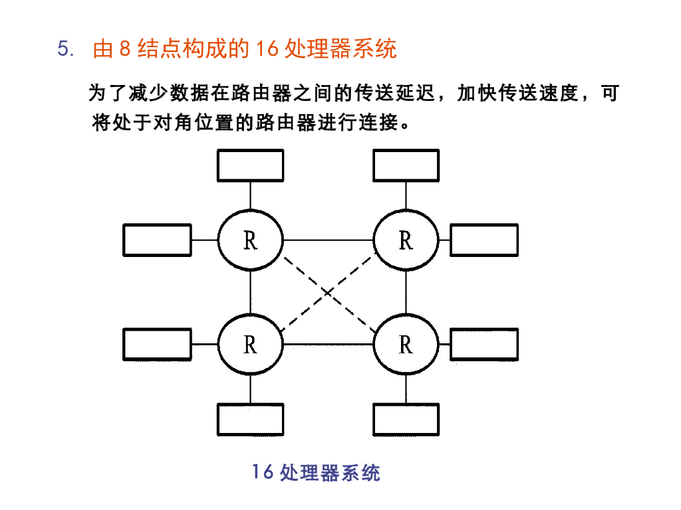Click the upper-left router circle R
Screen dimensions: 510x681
pyautogui.click(x=251, y=240)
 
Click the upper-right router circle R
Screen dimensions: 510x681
pyautogui.click(x=406, y=240)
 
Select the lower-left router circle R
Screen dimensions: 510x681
pyautogui.click(x=251, y=345)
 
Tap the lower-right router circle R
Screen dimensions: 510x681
pyautogui.click(x=406, y=345)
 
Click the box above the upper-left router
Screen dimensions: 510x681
pyautogui.click(x=251, y=165)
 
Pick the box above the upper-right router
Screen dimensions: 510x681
pyautogui.click(x=406, y=165)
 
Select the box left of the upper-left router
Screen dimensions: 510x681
pyautogui.click(x=157, y=240)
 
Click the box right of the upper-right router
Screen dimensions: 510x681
pyautogui.click(x=484, y=240)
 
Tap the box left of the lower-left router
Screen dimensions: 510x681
pyautogui.click(x=157, y=345)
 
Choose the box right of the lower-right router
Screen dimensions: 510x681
pyautogui.click(x=484, y=345)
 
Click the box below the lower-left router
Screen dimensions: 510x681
pyautogui.click(x=251, y=419)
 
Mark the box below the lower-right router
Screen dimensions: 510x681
pyautogui.click(x=406, y=419)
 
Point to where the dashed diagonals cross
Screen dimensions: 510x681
pyautogui.click(x=329, y=292)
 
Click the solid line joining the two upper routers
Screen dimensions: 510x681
pyautogui.click(x=329, y=240)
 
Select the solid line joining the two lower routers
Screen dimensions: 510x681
pyautogui.click(x=329, y=345)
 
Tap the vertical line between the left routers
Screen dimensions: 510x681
pyautogui.click(x=251, y=292)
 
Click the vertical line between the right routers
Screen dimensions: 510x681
pyautogui.click(x=406, y=292)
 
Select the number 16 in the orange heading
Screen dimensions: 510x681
pyautogui.click(x=266, y=50)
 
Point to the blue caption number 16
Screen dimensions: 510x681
pyautogui.click(x=263, y=472)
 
